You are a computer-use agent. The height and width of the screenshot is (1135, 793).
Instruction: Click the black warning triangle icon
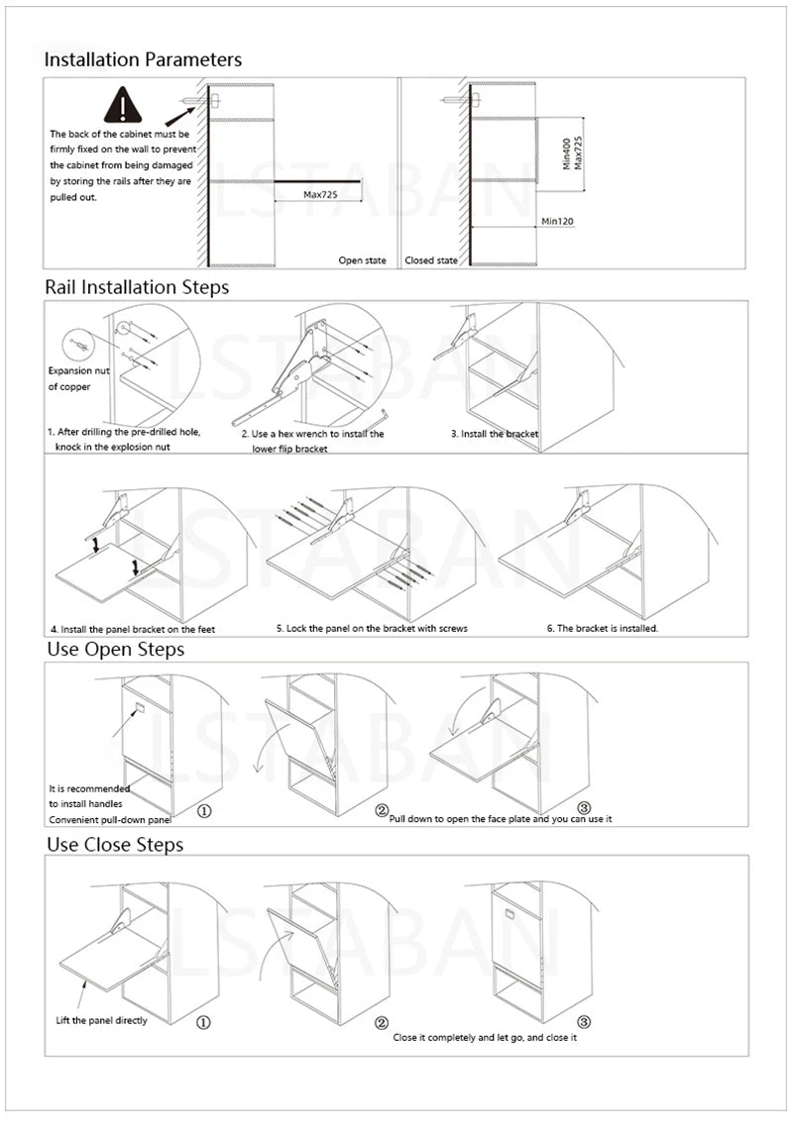pyautogui.click(x=122, y=105)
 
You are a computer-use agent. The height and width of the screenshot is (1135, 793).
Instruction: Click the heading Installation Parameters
pyautogui.click(x=143, y=59)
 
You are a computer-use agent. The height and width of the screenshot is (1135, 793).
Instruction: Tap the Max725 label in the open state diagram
pyautogui.click(x=320, y=195)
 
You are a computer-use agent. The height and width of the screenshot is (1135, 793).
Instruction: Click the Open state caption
pyautogui.click(x=362, y=260)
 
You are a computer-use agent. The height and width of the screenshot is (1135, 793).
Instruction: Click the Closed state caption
pyautogui.click(x=431, y=260)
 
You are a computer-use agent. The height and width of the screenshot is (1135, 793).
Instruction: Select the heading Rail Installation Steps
pyautogui.click(x=137, y=287)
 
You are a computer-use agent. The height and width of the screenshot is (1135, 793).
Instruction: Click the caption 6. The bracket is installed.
pyautogui.click(x=602, y=628)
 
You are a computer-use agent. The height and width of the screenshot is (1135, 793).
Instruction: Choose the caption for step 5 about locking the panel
pyautogui.click(x=372, y=628)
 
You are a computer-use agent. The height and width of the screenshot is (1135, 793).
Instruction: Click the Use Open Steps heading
pyautogui.click(x=116, y=650)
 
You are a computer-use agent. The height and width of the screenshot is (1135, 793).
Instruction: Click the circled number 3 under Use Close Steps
pyautogui.click(x=584, y=1022)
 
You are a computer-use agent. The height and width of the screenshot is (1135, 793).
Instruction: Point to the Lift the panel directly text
pyautogui.click(x=101, y=1020)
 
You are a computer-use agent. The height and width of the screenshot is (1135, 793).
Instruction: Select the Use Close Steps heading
pyautogui.click(x=116, y=845)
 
